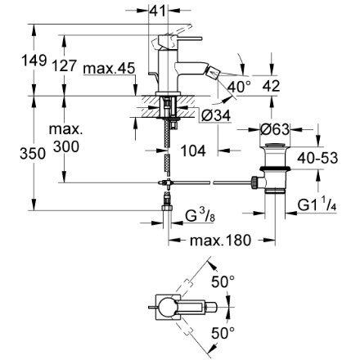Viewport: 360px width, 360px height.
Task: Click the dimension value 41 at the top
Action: point(158,11)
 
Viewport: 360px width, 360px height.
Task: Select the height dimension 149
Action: point(34,61)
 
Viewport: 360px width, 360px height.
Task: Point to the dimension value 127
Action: point(64,65)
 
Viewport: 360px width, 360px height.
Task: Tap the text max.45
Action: point(110,69)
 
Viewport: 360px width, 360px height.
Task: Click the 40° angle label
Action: point(239,87)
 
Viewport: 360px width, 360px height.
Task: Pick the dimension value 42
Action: point(271,86)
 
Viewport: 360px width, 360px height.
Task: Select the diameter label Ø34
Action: point(216,116)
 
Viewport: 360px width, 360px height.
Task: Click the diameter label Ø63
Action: point(274,129)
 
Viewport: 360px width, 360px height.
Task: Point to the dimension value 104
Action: point(193,151)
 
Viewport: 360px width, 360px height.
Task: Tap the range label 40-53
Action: point(317,158)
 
